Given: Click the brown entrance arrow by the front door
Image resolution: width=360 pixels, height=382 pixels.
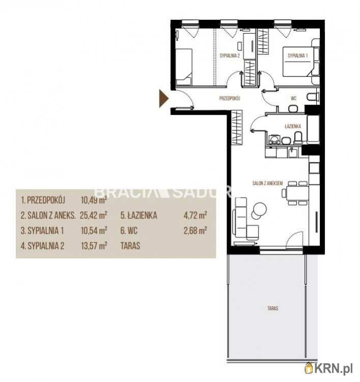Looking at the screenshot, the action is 163,98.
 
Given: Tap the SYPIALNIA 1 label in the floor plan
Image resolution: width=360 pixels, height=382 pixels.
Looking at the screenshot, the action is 298,56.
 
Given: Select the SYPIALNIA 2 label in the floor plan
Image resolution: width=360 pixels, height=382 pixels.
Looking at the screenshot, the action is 230,56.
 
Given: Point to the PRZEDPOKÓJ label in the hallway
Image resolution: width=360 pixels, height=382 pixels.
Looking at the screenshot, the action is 230,98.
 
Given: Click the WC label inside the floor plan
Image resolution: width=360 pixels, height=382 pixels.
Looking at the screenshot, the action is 293,98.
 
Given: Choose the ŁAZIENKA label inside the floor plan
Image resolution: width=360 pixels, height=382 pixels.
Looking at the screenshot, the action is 292,126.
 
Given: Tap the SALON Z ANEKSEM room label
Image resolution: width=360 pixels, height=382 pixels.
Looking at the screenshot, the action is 267,183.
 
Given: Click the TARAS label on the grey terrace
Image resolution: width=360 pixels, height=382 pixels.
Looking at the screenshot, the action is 273,308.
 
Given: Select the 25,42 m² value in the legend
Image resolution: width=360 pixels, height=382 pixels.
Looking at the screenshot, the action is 94,215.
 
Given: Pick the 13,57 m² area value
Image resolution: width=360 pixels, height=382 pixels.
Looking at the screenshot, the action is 94,245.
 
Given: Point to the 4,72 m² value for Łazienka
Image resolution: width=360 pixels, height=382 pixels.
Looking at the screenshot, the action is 196,215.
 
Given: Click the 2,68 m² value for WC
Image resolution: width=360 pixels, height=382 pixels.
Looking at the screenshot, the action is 196,230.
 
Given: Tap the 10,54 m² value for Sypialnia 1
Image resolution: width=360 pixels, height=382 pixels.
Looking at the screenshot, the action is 94,230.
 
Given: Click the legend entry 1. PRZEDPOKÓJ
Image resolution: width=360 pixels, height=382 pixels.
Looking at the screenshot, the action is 43,200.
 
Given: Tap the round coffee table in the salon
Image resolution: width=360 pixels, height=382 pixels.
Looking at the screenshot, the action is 260,209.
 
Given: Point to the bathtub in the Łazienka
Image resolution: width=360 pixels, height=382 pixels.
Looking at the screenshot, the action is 313,129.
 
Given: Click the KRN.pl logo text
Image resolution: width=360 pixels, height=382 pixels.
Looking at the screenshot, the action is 333,369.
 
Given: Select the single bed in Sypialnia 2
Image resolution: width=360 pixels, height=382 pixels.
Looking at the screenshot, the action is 184,67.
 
